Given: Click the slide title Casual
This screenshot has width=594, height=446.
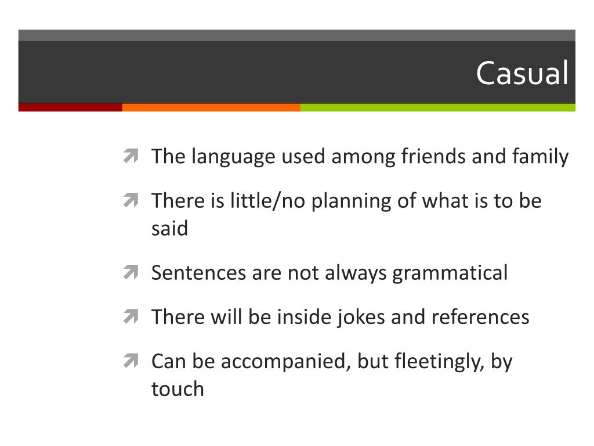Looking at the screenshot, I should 521,74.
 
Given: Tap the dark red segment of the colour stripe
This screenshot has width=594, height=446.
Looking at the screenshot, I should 70,107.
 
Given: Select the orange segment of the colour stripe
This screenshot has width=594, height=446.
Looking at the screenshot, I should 211,107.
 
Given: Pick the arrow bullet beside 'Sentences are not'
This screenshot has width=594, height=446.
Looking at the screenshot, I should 130,272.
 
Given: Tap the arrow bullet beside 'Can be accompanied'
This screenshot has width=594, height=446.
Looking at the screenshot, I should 130,361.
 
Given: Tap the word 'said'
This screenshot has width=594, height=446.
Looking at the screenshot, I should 169,228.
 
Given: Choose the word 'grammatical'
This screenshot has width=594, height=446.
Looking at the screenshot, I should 450,272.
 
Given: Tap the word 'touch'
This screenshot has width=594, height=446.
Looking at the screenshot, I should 178,389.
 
